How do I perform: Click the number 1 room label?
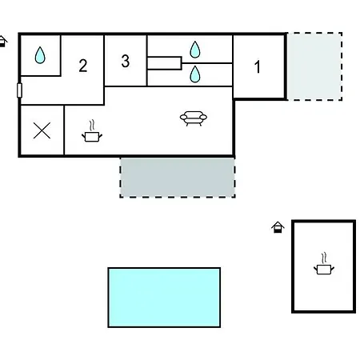(257, 66)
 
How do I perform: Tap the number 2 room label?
(83, 66)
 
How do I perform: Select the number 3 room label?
(126, 61)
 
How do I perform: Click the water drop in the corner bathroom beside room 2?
(40, 55)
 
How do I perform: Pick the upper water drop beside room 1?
(195, 50)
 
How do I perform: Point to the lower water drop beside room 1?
(195, 74)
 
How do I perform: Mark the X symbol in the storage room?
(42, 130)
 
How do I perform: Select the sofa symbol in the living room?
(194, 118)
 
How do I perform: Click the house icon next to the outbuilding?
(278, 227)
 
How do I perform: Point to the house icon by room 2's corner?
(2, 42)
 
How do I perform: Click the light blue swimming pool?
(164, 298)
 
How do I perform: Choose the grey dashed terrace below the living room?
(178, 178)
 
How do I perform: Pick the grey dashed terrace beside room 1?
(314, 66)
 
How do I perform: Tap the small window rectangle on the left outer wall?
(19, 90)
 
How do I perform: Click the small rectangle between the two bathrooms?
(164, 63)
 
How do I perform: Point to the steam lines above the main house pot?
(92, 126)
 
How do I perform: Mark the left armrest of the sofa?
(183, 117)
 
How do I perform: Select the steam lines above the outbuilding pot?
(324, 258)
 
